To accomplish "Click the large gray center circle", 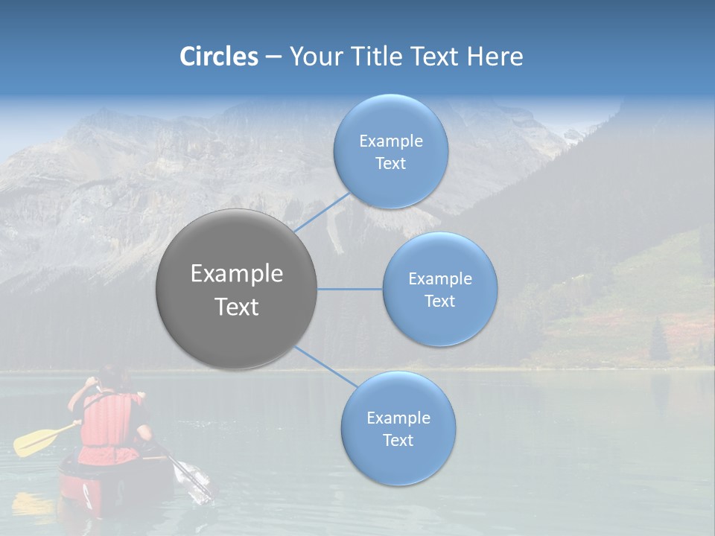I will [x=237, y=289].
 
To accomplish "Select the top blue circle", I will [x=390, y=151].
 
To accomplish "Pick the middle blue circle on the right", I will [x=439, y=289].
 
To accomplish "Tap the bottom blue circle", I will [x=398, y=428].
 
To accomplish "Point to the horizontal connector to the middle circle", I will [x=350, y=289].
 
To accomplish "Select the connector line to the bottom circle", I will [x=325, y=366].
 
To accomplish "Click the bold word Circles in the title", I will [x=218, y=57].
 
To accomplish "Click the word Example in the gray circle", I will [x=237, y=274].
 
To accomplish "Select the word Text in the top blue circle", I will [x=390, y=163].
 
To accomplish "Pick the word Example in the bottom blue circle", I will [x=398, y=418].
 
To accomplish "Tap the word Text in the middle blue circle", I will [x=439, y=301].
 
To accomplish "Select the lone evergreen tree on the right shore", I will [x=658, y=341].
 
